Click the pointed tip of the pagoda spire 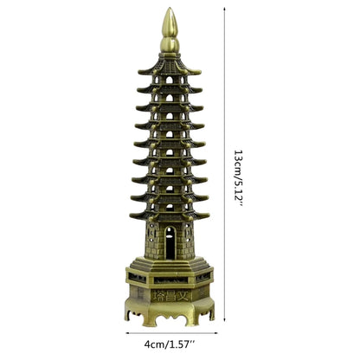(166, 11)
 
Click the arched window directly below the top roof (167, 80)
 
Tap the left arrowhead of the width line (128, 332)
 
